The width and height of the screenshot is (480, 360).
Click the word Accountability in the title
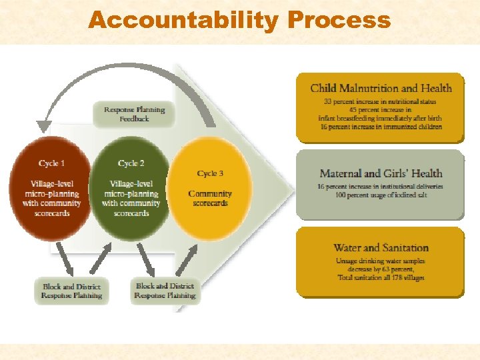(183, 20)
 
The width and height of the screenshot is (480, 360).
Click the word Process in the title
(339, 20)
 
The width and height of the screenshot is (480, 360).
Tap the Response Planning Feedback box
(134, 114)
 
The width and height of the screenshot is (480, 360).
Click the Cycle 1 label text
(51, 163)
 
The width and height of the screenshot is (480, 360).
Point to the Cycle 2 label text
(131, 163)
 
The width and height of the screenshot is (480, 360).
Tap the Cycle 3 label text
(210, 173)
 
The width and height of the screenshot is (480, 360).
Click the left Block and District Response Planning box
(71, 291)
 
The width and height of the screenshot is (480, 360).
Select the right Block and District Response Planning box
(165, 291)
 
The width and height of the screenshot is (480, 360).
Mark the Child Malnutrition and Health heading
(381, 88)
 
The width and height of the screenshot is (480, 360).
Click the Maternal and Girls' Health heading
(381, 174)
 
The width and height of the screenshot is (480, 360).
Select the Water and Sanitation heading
(381, 248)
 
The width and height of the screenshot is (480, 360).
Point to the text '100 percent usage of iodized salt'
(381, 195)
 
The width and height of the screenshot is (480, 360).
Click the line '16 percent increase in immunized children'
(381, 127)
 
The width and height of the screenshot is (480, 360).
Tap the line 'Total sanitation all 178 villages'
(381, 277)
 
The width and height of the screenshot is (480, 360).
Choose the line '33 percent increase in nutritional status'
(381, 102)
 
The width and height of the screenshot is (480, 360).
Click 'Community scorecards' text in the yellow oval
(210, 199)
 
